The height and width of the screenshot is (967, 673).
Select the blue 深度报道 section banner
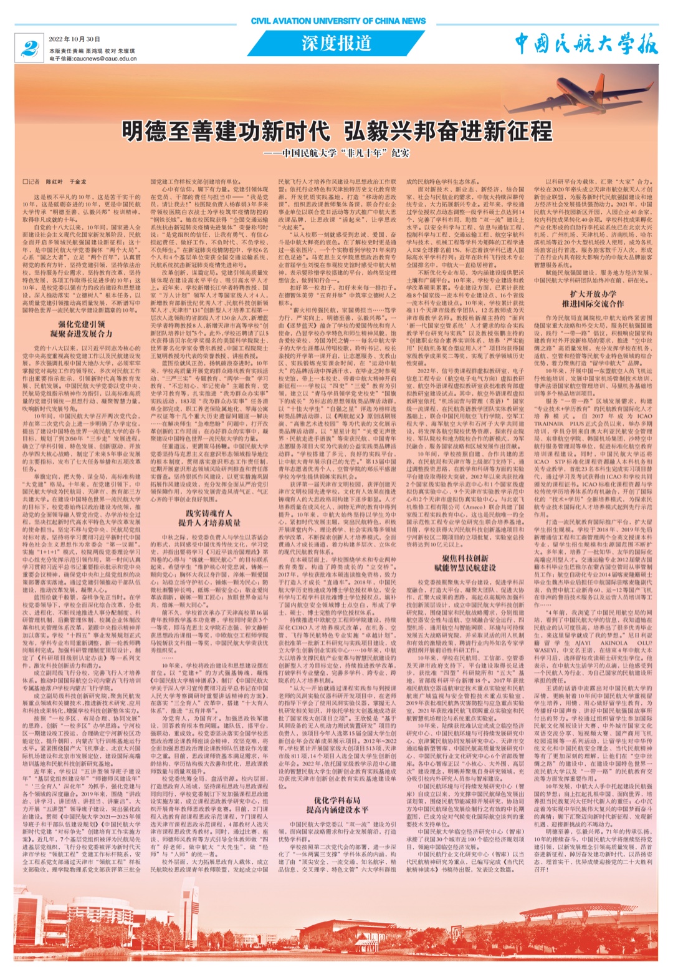[x=336, y=43]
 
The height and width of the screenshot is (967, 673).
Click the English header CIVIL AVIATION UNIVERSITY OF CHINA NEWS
[x=338, y=21]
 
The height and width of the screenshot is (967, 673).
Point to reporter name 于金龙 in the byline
[x=78, y=182]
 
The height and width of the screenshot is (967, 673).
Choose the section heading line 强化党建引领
[x=82, y=324]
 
